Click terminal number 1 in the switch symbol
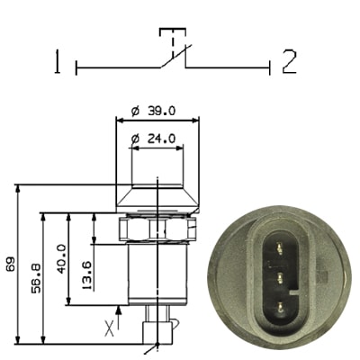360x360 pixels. click(57, 62)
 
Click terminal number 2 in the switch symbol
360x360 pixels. click(289, 62)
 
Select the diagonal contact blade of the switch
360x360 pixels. click(175, 56)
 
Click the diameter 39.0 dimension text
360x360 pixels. click(153, 112)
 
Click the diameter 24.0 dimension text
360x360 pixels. click(153, 139)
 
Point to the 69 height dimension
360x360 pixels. click(11, 264)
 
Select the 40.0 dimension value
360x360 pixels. click(61, 258)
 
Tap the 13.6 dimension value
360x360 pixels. click(86, 274)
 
